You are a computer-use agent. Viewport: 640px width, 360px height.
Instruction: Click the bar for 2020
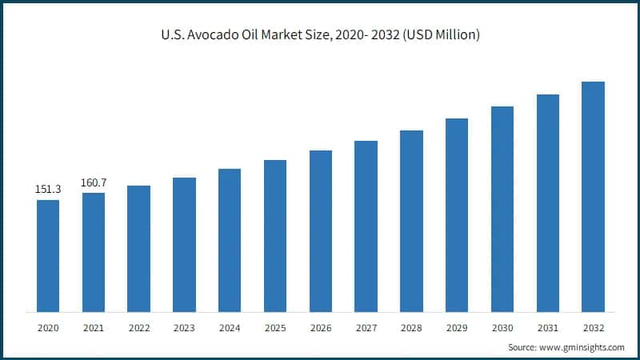coord(48,255)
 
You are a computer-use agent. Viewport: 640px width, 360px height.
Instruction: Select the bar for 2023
coord(184,244)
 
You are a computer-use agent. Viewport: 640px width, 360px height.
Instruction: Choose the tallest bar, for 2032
coord(593,196)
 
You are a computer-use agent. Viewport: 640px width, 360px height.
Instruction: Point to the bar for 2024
coord(230,240)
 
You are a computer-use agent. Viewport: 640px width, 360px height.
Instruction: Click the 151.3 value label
coord(48,190)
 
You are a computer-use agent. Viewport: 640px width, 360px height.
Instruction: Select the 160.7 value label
coord(94,182)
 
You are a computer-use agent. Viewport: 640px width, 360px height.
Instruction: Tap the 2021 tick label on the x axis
coord(94,328)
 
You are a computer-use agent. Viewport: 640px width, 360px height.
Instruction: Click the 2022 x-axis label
coord(138,328)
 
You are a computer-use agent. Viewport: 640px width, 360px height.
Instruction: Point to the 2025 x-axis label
coord(275,328)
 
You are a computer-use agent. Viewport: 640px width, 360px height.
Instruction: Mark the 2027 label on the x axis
coord(366,328)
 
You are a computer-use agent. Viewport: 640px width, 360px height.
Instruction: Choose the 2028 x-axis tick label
coord(411,328)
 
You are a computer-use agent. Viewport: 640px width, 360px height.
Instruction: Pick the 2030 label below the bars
coord(502,328)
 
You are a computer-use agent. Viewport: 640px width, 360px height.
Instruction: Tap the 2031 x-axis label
coord(547,328)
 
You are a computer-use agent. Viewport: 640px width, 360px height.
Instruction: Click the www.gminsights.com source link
coord(583,347)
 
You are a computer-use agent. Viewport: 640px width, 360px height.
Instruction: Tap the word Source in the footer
coord(523,347)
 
